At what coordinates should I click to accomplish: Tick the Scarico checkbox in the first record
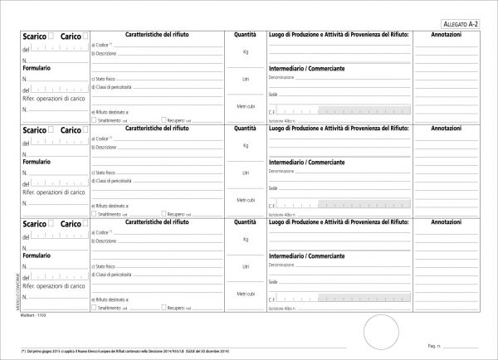(x=51, y=36)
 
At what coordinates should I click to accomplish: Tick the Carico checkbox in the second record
(x=86, y=130)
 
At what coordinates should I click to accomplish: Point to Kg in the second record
(x=246, y=145)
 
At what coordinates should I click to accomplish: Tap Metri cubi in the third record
(x=246, y=294)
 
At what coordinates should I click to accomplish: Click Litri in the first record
(x=246, y=79)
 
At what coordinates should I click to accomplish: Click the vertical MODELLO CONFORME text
(x=16, y=286)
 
